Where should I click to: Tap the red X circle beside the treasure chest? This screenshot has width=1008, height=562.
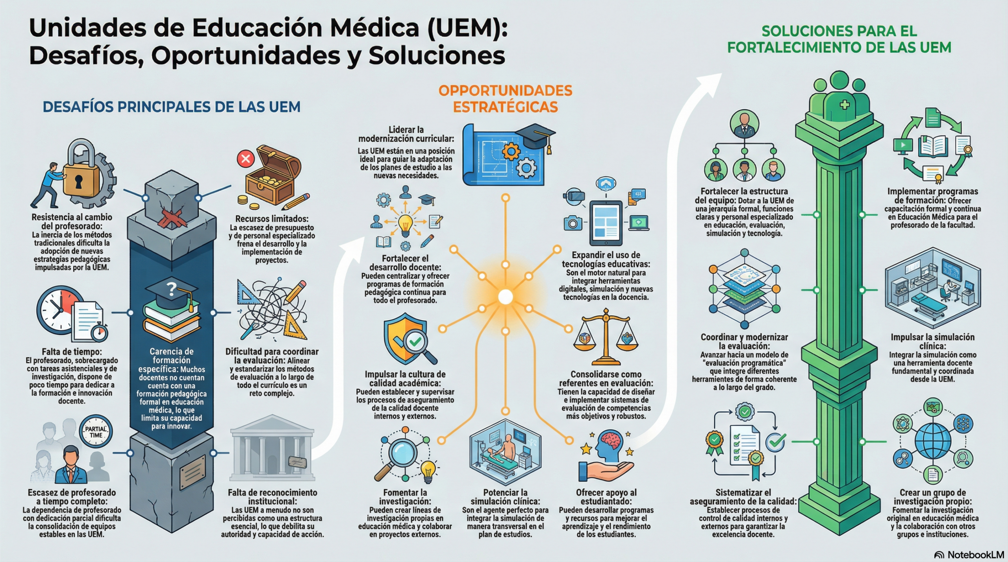pyautogui.click(x=246, y=159)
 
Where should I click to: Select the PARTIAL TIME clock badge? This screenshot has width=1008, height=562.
pyautogui.click(x=96, y=432)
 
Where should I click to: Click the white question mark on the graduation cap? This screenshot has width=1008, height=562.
pyautogui.click(x=172, y=289)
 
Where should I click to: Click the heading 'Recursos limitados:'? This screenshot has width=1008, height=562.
pyautogui.click(x=272, y=219)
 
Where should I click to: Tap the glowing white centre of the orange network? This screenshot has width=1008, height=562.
pyautogui.click(x=505, y=297)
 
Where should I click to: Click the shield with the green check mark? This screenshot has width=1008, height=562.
pyautogui.click(x=406, y=338)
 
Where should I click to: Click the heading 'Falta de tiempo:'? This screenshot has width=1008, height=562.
pyautogui.click(x=72, y=352)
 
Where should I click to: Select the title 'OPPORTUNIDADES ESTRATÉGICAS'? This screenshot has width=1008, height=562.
pyautogui.click(x=505, y=99)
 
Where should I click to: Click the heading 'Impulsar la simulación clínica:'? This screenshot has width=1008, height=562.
pyautogui.click(x=932, y=341)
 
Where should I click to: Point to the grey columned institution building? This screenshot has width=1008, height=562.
pyautogui.click(x=272, y=452)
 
